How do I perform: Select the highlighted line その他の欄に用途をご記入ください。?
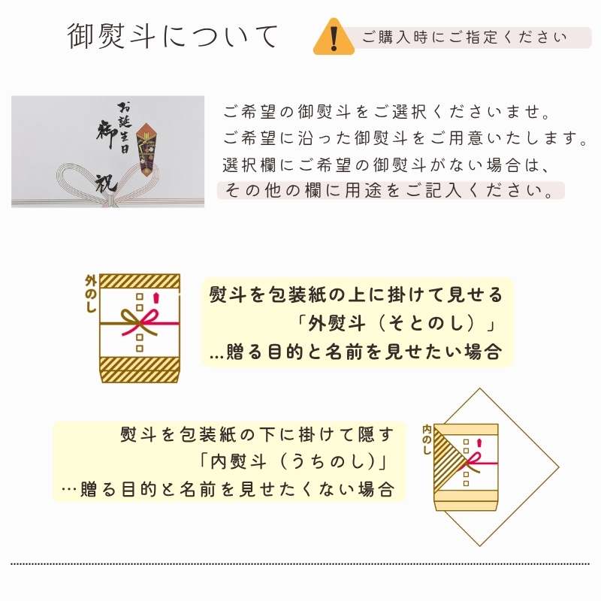tap(391, 190)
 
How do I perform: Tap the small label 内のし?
tap(426, 439)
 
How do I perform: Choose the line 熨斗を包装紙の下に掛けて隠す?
tap(256, 434)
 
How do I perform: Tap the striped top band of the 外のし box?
tap(140, 282)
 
